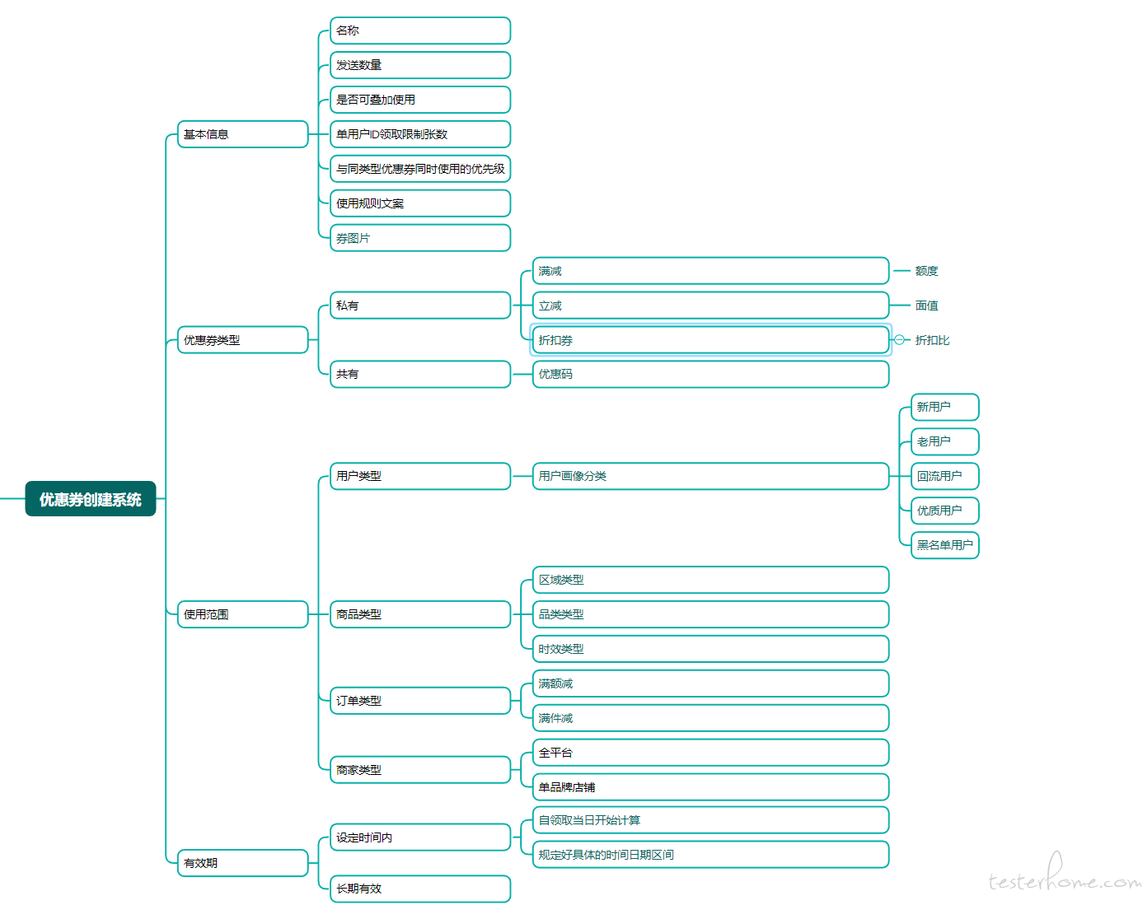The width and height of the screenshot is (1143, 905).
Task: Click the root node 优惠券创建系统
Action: tap(91, 499)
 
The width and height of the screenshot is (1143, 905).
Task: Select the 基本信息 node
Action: tap(243, 134)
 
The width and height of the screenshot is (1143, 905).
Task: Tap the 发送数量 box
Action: tap(420, 65)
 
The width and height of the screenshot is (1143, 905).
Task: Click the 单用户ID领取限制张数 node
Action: tap(420, 134)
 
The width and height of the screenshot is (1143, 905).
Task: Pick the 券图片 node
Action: tap(420, 238)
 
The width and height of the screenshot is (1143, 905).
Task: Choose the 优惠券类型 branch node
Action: tap(243, 340)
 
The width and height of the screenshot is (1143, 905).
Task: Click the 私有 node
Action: tap(420, 306)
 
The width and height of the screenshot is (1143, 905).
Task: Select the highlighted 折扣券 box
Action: tap(710, 340)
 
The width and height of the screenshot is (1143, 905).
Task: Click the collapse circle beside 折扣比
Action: tap(899, 340)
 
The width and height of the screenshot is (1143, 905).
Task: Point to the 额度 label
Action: tap(926, 271)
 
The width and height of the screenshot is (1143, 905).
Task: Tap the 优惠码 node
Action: tap(710, 374)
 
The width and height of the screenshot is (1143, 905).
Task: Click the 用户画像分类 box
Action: tap(710, 476)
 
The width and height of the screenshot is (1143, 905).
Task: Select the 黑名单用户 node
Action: tap(945, 545)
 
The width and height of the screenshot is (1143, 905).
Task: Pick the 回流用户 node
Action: tap(945, 476)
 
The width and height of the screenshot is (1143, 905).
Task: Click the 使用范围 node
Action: tap(243, 614)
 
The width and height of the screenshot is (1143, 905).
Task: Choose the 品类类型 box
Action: tap(710, 614)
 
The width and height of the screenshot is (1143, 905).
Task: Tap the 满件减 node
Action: tap(710, 718)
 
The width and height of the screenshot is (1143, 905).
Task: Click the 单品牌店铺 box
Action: tap(710, 787)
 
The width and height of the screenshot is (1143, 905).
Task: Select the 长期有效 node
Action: tap(420, 889)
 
